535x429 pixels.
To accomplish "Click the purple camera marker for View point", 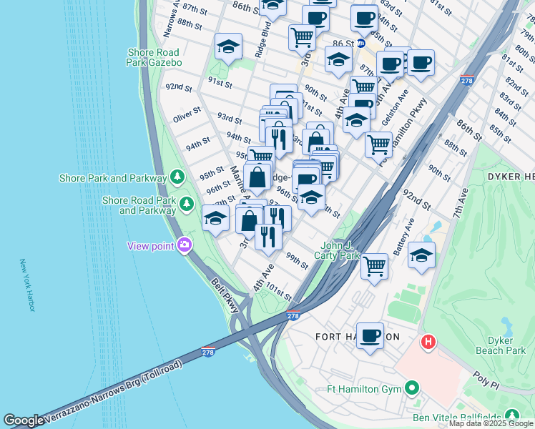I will tap(185, 245).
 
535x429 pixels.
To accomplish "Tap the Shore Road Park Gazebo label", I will tap(154, 57).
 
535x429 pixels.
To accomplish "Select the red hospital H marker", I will tap(428, 342).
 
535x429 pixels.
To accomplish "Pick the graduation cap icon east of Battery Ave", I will tap(422, 255).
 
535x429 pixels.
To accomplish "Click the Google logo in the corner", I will tap(24, 420).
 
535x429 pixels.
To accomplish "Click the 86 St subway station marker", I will tap(361, 42).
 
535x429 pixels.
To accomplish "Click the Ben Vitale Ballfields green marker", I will tap(512, 415).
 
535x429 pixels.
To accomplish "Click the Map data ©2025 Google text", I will tap(491, 423).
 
